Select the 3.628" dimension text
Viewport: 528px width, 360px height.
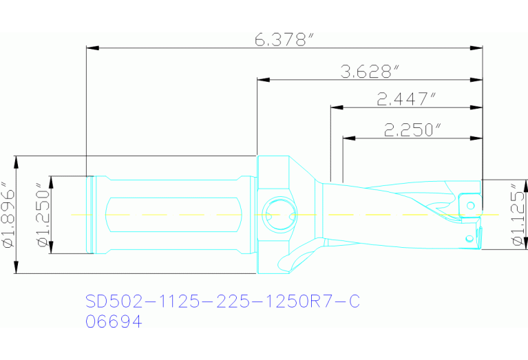click(370, 71)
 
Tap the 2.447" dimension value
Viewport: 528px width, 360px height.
click(407, 99)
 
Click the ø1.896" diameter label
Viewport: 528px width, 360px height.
click(8, 214)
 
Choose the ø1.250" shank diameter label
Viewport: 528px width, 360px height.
click(44, 214)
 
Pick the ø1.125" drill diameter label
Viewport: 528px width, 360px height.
click(518, 214)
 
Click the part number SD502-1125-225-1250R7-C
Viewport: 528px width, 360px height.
click(222, 301)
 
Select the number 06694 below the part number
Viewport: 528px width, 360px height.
click(114, 321)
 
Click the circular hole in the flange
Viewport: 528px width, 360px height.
click(277, 214)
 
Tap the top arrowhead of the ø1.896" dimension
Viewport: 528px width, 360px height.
click(17, 160)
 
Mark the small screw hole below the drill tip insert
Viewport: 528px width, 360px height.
click(469, 238)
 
